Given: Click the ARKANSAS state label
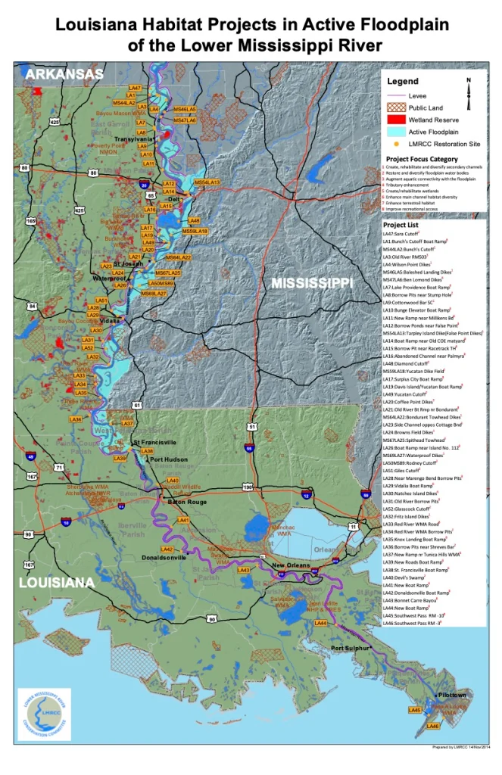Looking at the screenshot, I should [64, 73].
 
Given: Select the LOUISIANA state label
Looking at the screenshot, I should [57, 583].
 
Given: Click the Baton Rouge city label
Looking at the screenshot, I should [186, 502].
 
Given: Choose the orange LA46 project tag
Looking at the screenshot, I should [433, 726].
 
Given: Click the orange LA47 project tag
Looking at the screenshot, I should [136, 88].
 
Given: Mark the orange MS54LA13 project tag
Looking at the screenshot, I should [207, 182].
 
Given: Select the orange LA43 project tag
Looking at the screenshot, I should [244, 570].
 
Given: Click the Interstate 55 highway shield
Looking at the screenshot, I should [249, 448].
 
